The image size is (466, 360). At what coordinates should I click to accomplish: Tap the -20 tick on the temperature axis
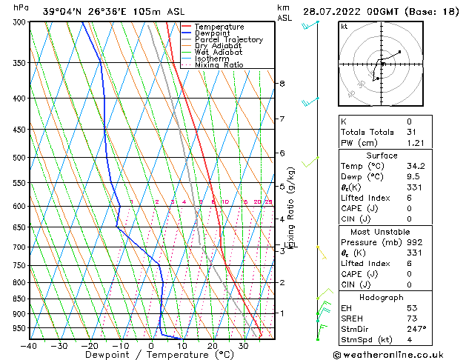click(90, 346)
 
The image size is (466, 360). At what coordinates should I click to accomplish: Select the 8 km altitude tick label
click(282, 84)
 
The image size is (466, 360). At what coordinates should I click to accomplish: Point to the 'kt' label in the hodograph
click(344, 27)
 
